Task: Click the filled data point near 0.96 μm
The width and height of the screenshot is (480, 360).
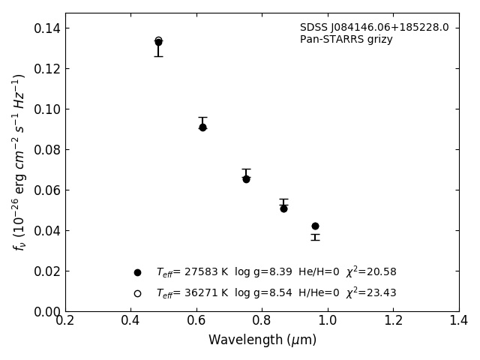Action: (x=315, y=226)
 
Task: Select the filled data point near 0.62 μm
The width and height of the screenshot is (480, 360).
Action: (x=202, y=127)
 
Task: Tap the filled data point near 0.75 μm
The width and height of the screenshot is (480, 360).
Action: (x=246, y=179)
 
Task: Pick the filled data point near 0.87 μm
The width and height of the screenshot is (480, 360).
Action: (x=283, y=209)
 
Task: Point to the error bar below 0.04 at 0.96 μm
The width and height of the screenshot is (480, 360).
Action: (x=315, y=237)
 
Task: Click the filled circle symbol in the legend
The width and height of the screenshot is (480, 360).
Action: (x=138, y=272)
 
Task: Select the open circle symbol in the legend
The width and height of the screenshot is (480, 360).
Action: (x=138, y=293)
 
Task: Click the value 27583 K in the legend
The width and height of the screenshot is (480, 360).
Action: (x=206, y=271)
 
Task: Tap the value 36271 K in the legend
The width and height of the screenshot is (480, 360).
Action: (x=206, y=293)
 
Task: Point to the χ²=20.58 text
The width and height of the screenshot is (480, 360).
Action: (x=371, y=271)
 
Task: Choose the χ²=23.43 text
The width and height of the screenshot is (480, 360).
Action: (x=371, y=292)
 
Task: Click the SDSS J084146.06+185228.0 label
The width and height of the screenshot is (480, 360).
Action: (x=374, y=28)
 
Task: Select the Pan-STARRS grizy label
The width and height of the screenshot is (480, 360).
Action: (x=346, y=40)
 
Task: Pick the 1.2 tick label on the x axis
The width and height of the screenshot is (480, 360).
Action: (x=393, y=320)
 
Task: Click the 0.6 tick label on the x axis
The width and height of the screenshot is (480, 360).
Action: (x=196, y=320)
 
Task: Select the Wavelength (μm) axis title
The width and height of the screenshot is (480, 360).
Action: (x=262, y=340)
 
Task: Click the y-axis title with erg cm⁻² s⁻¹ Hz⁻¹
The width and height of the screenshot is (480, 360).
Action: (x=19, y=163)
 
